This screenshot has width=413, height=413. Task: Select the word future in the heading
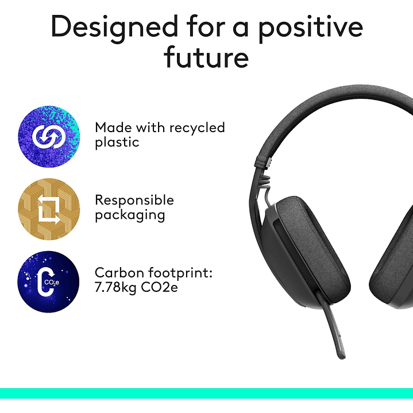click(x=206, y=57)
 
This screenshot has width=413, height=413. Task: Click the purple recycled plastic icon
click(x=49, y=137)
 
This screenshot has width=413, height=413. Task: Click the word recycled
click(x=195, y=128)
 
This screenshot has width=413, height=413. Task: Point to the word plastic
click(x=117, y=142)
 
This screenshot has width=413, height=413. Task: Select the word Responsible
click(x=134, y=200)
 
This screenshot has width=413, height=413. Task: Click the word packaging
click(x=130, y=215)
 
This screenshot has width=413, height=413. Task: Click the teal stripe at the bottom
click(x=206, y=393)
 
